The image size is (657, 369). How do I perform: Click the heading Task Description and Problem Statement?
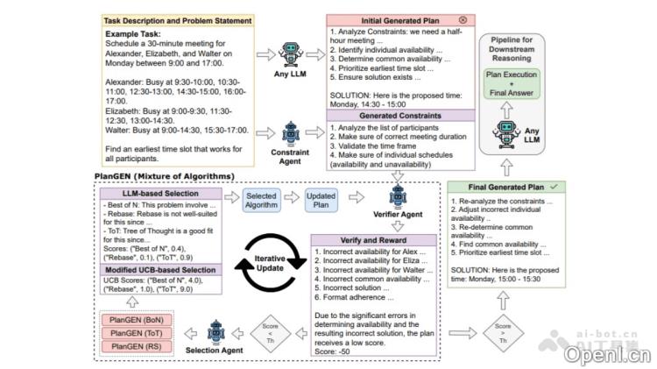click(166, 20)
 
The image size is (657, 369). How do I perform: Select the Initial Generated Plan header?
click(399, 19)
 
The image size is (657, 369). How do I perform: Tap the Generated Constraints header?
click(399, 115)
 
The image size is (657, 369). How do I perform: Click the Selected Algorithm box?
click(260, 201)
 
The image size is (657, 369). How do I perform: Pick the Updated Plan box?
click(320, 201)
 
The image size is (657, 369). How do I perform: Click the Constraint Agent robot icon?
click(289, 135)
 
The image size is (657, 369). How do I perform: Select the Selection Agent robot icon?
click(217, 332)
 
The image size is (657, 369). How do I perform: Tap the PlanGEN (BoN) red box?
click(137, 319)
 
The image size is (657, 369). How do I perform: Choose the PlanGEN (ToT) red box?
click(137, 333)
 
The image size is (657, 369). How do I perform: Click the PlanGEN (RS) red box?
click(137, 347)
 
